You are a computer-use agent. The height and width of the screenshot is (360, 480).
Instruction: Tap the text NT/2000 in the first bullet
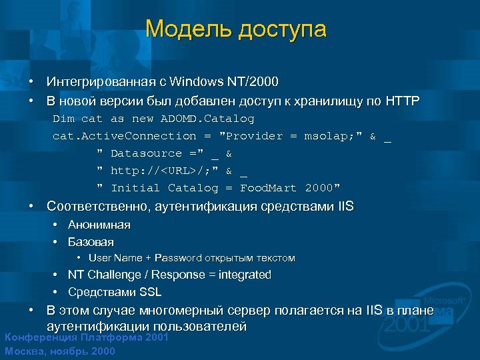coord(253,82)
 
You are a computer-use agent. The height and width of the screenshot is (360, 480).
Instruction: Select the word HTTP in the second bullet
coord(402,101)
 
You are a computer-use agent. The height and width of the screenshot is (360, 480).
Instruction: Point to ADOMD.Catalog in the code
coord(207,119)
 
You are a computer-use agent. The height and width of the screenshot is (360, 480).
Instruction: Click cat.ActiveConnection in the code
coord(125,136)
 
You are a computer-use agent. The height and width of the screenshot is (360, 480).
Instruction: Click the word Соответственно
coord(98,206)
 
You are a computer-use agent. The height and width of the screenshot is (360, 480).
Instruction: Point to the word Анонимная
coord(99,225)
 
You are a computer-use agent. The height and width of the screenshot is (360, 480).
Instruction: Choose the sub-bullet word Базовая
coord(91,241)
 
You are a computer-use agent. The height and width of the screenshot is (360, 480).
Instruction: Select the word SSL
coord(150,292)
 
